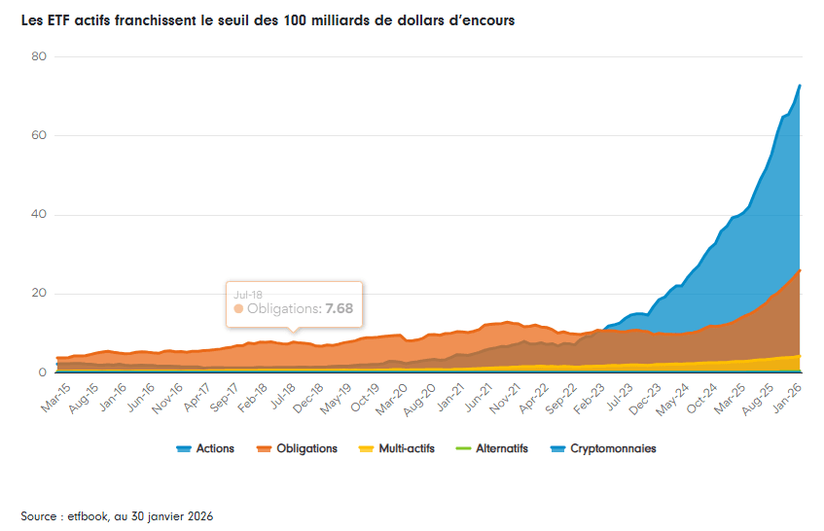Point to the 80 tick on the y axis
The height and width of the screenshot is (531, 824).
39,56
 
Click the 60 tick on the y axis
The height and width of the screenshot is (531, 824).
39,135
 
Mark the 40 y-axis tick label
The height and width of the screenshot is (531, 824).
39,215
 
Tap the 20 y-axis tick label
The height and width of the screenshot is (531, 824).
39,294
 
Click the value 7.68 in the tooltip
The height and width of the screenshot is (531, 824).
339,308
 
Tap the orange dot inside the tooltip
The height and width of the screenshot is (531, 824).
238,308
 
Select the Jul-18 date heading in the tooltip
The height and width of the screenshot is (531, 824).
247,293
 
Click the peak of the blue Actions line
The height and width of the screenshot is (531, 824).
800,86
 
